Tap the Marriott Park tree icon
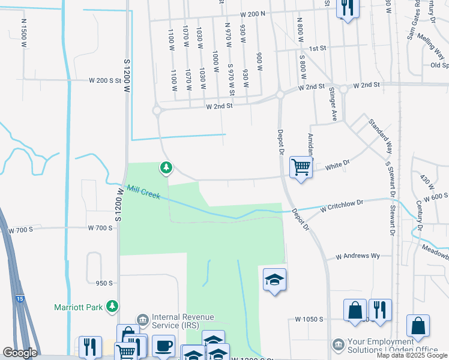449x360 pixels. coord(112,307)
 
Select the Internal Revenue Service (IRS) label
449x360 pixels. coord(182,322)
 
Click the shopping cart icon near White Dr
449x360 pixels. coord(300,167)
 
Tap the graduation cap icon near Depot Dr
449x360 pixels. coord(274,280)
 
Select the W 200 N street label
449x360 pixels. coord(252,14)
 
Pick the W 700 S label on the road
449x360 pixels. coord(100,228)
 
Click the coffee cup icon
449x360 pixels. coord(164,346)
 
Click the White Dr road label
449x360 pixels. coord(337,163)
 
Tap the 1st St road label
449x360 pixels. coord(317,48)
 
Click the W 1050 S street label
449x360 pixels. coord(310,319)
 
